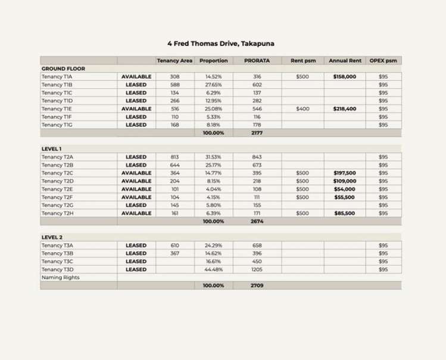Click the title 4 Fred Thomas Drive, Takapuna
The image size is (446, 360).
[221, 44]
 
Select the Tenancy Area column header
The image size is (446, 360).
[174, 61]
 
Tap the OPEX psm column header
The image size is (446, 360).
[383, 61]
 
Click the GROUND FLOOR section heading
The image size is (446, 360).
[63, 69]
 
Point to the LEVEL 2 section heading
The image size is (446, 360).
[52, 237]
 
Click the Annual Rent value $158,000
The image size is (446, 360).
[345, 77]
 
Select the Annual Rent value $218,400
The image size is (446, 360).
[345, 109]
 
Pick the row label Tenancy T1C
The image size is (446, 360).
[57, 93]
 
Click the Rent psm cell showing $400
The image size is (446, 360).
[302, 109]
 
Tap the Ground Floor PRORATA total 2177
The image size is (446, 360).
[257, 134]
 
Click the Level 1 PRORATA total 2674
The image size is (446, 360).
[257, 221]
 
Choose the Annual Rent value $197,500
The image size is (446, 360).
[345, 173]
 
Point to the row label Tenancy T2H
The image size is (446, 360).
[57, 213]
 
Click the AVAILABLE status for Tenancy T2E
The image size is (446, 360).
[136, 189]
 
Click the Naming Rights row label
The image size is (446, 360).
[60, 278]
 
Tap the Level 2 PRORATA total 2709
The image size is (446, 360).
[257, 285]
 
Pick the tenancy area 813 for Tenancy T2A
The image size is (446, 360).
[174, 157]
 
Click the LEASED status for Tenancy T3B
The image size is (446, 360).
[136, 253]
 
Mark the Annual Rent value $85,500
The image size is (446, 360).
[345, 213]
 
